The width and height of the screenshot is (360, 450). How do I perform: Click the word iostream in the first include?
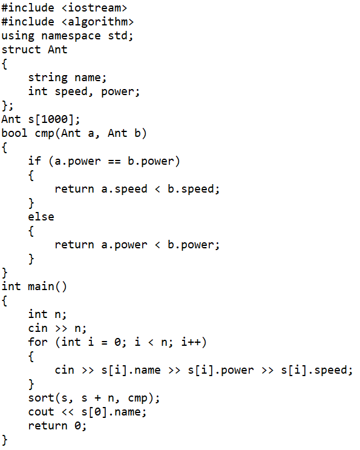94,8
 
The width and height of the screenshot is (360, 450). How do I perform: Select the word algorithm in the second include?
97,22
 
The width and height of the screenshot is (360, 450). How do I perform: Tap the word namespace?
71,36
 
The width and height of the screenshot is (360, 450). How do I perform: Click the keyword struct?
21,50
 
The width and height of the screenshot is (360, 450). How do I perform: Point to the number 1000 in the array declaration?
54,119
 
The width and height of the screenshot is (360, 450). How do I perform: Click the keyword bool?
15,133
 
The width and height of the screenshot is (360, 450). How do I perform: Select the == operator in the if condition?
114,162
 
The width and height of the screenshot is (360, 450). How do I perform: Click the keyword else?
41,217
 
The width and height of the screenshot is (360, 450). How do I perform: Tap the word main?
41,286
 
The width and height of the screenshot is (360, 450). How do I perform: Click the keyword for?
38,342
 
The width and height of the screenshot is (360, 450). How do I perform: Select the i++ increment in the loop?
191,342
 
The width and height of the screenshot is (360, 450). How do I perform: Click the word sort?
41,398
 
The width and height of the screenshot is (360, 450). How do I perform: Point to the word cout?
41,412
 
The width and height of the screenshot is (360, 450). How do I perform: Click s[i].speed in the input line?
314,370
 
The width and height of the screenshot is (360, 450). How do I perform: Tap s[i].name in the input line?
131,370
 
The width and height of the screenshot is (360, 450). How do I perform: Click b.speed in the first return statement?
191,189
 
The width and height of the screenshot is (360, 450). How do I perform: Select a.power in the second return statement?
124,245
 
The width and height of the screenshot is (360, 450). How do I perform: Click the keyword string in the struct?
48,78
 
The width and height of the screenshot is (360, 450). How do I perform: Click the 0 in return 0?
77,426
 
